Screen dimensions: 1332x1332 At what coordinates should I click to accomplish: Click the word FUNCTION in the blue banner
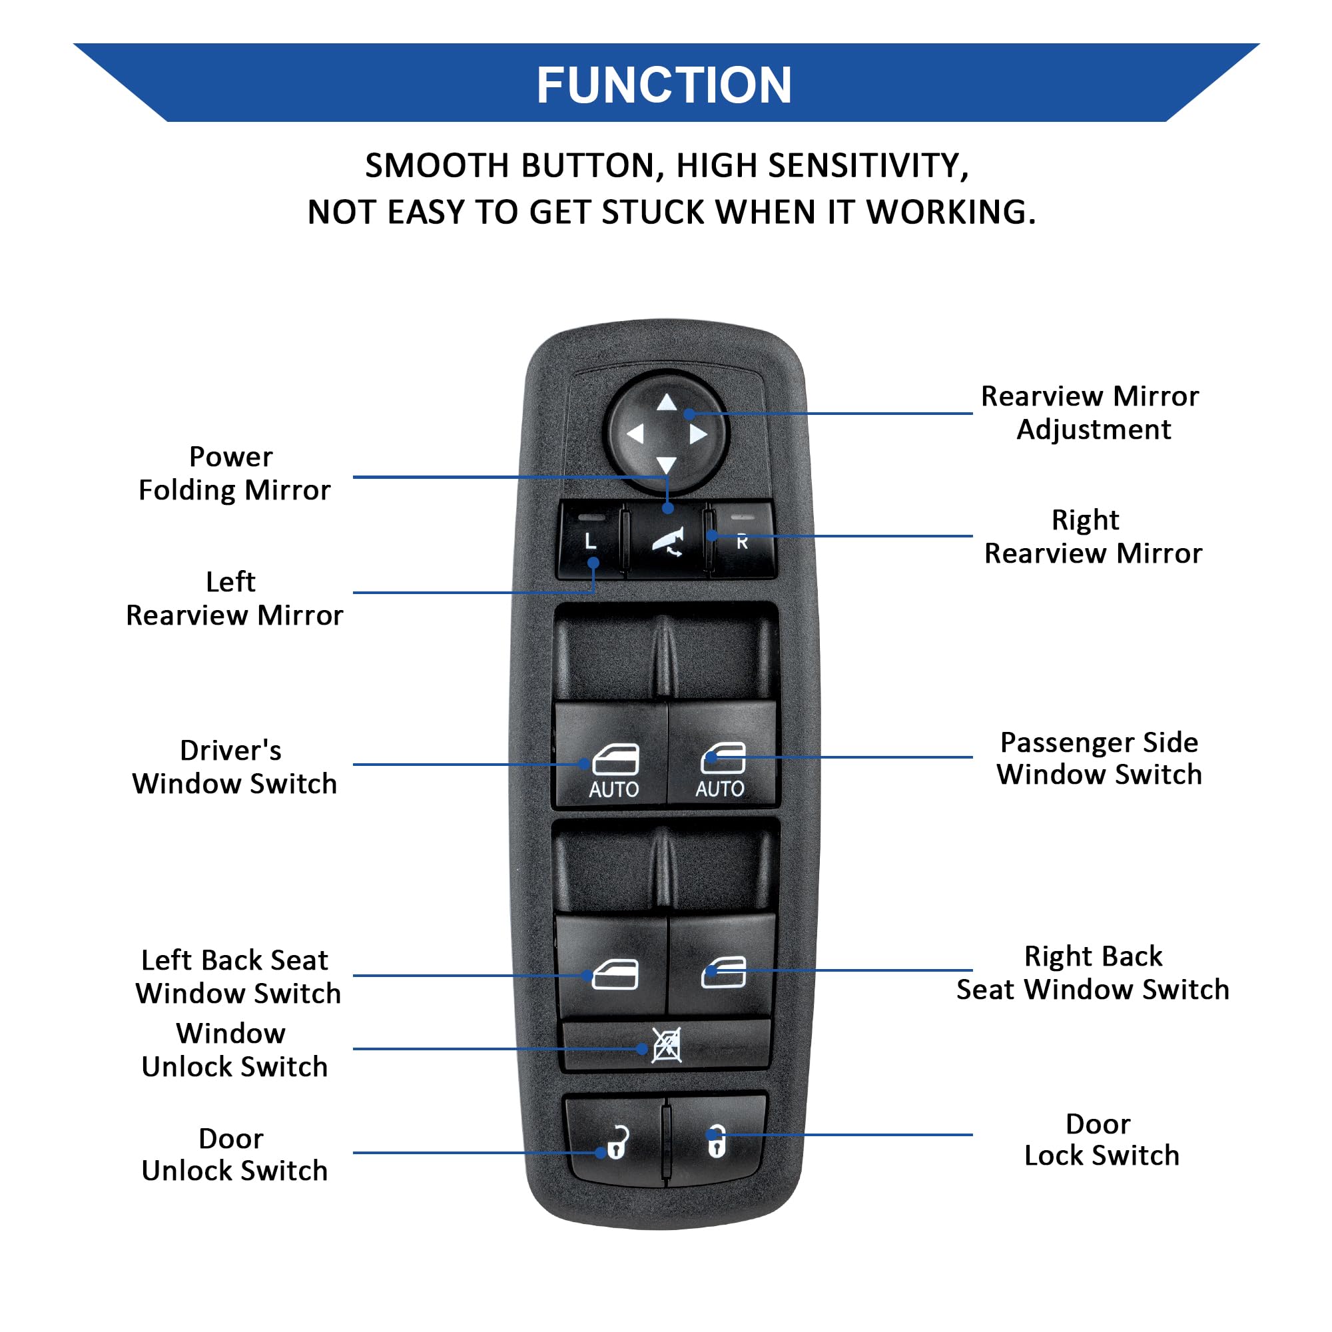[x=664, y=85]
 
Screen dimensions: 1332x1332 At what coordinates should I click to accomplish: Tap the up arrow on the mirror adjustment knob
[x=666, y=402]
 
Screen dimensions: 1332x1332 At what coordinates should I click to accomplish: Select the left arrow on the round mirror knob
[x=635, y=434]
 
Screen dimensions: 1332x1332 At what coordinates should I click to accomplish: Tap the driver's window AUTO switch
[x=611, y=755]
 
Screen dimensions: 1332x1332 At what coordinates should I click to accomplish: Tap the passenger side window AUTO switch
[x=722, y=755]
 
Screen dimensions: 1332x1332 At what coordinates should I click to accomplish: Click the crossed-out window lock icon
[x=667, y=1045]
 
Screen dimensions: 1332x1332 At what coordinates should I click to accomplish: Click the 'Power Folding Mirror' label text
[x=234, y=474]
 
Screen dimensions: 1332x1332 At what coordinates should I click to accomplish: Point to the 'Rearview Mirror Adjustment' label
[x=1090, y=412]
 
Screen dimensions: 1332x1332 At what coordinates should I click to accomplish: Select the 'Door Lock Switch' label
[x=1101, y=1140]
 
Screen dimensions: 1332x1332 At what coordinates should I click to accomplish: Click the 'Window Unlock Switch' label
[x=234, y=1050]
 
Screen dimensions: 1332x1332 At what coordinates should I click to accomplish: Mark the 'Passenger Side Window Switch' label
[x=1099, y=759]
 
